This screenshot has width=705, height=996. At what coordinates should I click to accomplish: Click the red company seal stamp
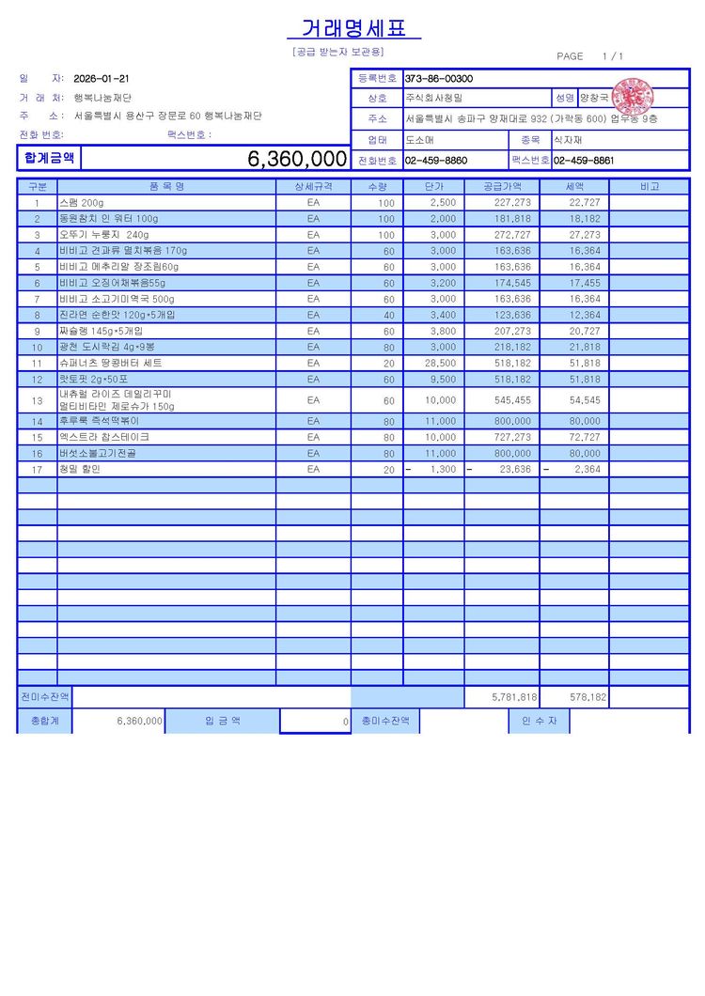(x=633, y=97)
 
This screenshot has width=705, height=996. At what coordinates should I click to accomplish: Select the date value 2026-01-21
(x=102, y=79)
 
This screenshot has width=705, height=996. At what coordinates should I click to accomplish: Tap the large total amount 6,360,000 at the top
(x=297, y=159)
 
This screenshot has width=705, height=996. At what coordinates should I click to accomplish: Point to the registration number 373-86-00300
(x=439, y=79)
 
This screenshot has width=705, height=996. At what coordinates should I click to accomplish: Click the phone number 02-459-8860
(x=436, y=161)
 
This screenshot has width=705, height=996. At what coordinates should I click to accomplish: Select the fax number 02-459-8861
(x=584, y=161)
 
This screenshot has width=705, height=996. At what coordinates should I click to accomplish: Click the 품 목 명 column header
(x=166, y=187)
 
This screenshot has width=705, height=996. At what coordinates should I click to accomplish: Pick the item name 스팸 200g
(x=82, y=203)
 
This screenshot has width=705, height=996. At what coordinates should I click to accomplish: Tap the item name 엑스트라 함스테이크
(x=104, y=437)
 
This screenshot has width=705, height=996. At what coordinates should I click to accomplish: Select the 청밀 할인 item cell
(x=80, y=469)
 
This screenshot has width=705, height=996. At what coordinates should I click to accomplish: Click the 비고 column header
(x=649, y=187)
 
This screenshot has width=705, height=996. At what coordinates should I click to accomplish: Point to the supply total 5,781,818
(x=514, y=698)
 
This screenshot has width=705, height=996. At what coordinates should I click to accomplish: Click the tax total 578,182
(x=587, y=698)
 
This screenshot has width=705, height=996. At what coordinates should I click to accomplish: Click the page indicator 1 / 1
(x=612, y=56)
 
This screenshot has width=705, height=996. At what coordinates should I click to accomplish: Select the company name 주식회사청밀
(x=434, y=98)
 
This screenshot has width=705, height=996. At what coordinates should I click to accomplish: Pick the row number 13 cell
(x=38, y=400)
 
